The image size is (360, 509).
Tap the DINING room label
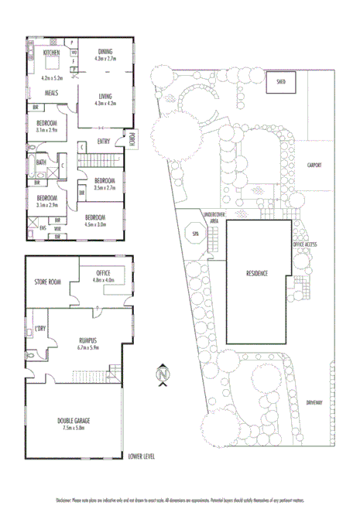104,51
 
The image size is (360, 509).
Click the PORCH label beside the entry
132,140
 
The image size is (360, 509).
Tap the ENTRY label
104,141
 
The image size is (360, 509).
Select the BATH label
40,162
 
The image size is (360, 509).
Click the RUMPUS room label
92,339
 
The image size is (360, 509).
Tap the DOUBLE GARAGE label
74,421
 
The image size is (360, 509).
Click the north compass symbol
162,374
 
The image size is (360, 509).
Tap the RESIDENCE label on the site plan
258,273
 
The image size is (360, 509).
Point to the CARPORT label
314,165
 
